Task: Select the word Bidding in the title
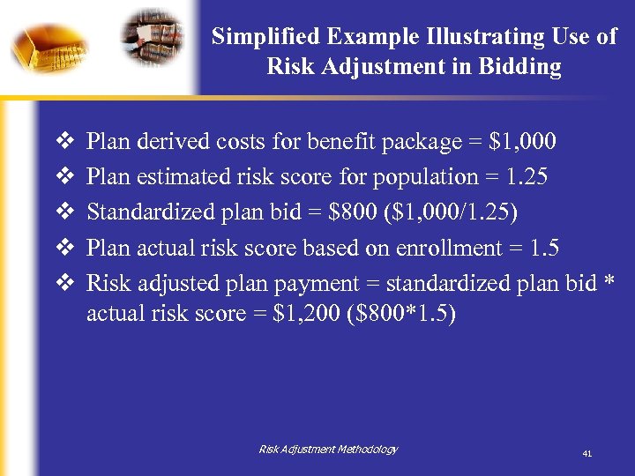(520, 67)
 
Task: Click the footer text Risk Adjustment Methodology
(328, 450)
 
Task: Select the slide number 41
(586, 453)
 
